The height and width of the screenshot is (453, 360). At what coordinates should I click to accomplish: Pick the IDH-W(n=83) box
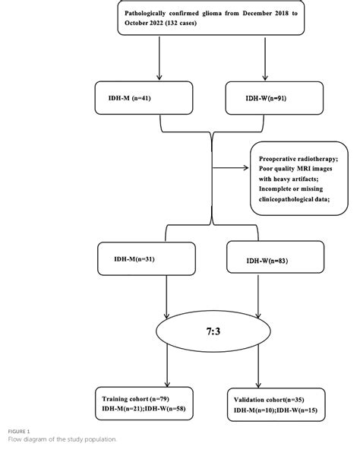coord(264,261)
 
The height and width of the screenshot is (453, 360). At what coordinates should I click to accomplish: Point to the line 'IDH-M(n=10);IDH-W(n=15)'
coord(275,411)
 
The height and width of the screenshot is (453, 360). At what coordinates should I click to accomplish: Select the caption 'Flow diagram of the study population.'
coord(63,439)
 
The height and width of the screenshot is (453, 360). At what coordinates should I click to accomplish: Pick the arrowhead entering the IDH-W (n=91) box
coord(264,78)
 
